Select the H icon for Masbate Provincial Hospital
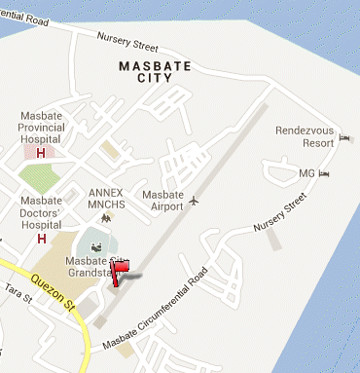(40, 153)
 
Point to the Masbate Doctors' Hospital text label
(41, 213)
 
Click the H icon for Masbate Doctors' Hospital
(41, 238)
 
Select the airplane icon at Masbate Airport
(195, 201)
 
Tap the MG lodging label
(306, 173)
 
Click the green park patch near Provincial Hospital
(38, 178)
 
